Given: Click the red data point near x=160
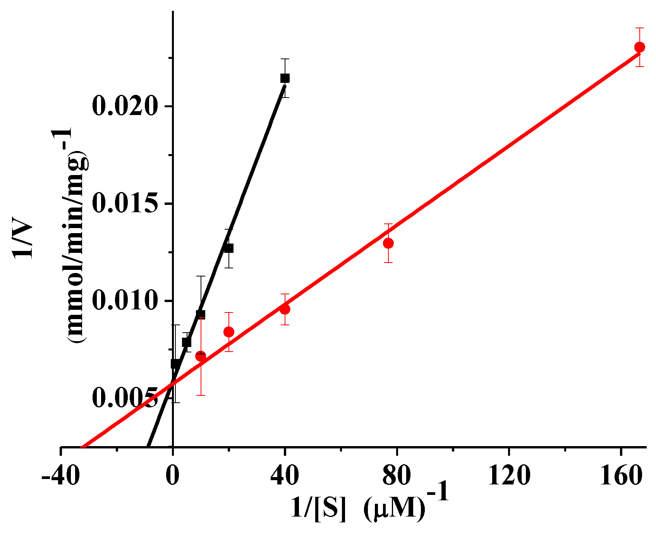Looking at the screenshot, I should tap(640, 47).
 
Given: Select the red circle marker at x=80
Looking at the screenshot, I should tap(388, 243).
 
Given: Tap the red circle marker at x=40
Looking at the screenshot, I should tap(285, 309).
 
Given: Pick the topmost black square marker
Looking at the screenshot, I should tap(285, 78).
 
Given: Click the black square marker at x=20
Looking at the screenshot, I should tap(229, 248).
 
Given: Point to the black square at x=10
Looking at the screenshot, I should tap(201, 314).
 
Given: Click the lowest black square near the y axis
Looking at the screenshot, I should tap(175, 364).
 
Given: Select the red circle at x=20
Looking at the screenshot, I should tap(229, 332).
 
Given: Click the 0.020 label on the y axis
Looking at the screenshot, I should tap(125, 106).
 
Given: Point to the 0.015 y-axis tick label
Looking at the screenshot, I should tap(125, 204).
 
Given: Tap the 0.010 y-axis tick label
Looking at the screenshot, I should tap(125, 301).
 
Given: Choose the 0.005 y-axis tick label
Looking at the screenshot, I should tap(125, 398).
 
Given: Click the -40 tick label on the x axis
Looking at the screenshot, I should tap(61, 476).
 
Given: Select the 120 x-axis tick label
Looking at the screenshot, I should tap(508, 476).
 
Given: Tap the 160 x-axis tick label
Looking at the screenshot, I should tap(621, 476).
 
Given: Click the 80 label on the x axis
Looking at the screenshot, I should tap(397, 476).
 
